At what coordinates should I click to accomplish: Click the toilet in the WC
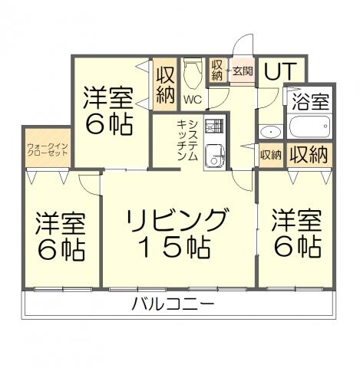click(192, 73)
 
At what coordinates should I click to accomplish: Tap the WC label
click(193, 100)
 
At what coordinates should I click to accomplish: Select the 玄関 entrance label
click(243, 71)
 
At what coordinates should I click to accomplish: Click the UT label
click(279, 71)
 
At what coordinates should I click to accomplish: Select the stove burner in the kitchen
click(216, 126)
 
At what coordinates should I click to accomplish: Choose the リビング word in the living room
click(179, 219)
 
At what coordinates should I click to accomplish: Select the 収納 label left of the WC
click(165, 84)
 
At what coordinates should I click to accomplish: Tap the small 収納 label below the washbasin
click(270, 155)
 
